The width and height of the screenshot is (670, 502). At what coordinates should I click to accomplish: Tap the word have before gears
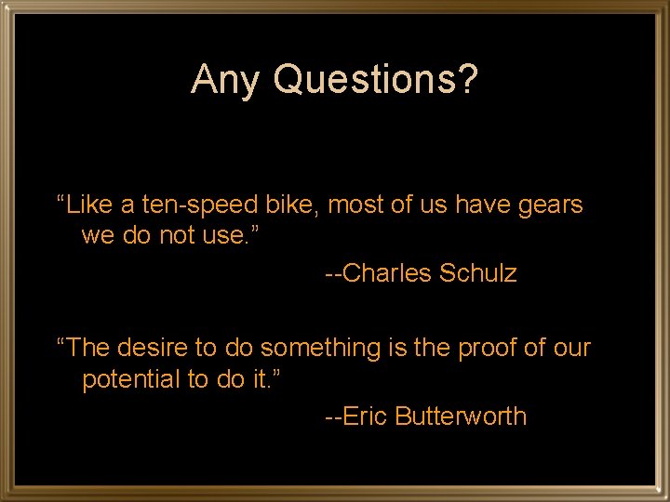(x=484, y=205)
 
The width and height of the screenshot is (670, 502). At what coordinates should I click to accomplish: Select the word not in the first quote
(x=174, y=236)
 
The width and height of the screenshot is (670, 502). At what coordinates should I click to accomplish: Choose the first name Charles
(x=387, y=274)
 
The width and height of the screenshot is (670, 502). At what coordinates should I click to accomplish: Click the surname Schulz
(x=478, y=274)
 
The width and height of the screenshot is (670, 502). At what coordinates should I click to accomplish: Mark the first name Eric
(x=366, y=417)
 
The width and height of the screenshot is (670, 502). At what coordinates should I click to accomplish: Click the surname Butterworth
(x=461, y=417)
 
